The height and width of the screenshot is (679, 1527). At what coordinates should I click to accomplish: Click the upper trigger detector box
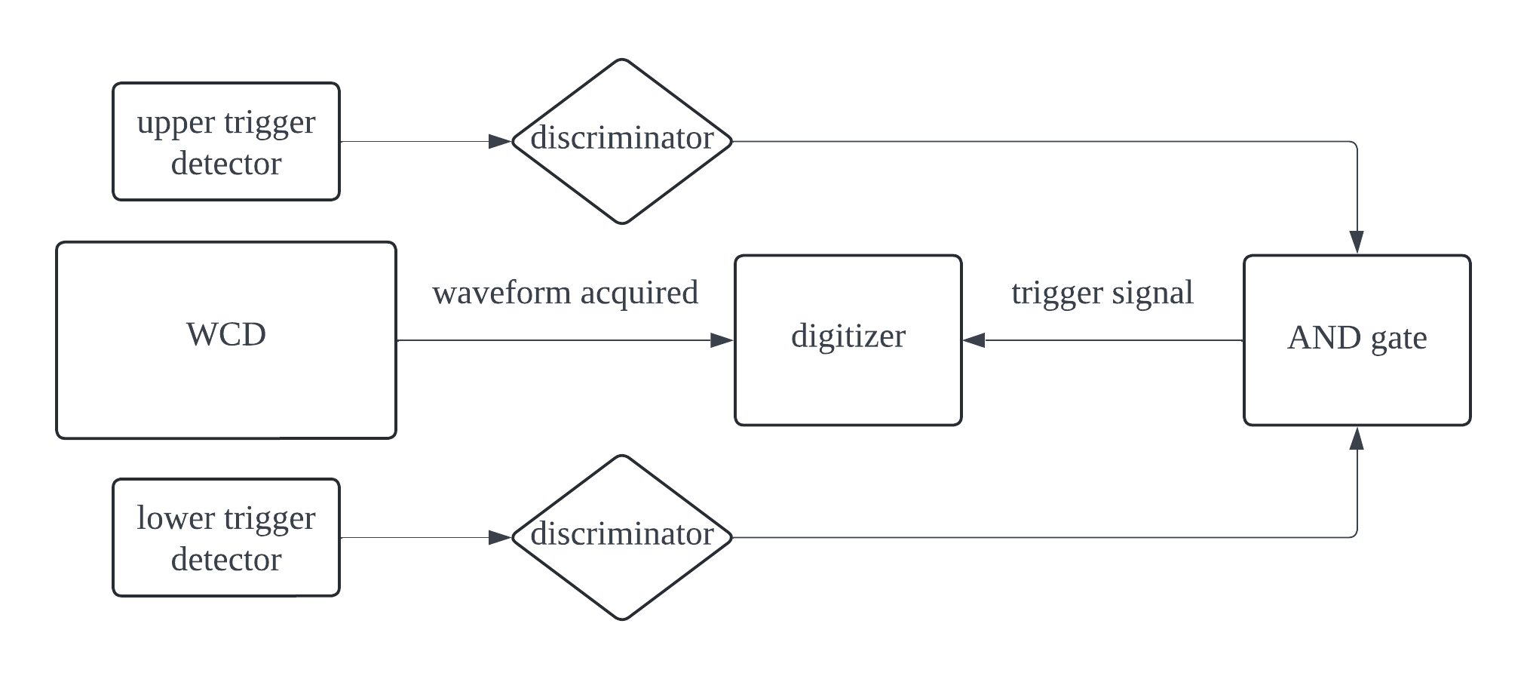point(226,142)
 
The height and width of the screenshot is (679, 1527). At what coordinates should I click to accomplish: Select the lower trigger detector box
point(226,538)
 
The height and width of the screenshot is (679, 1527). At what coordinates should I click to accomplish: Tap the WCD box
point(226,339)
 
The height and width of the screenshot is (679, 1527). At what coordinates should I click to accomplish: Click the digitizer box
point(848,340)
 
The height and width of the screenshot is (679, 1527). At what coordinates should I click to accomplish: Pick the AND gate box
point(1357,340)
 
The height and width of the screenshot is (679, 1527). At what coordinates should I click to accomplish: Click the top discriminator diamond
point(622,141)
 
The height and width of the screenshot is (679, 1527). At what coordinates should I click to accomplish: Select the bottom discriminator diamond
point(622,537)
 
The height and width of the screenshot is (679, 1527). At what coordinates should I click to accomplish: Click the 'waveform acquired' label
point(566,293)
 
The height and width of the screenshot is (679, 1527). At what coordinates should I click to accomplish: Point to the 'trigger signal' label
point(1102,293)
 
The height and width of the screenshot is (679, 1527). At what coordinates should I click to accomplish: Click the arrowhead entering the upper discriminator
point(500,141)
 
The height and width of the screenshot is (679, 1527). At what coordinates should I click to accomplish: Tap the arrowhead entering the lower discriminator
point(500,537)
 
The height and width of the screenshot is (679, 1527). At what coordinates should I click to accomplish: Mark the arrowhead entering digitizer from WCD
point(722,340)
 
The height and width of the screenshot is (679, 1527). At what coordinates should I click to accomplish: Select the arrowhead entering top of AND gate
point(1357,242)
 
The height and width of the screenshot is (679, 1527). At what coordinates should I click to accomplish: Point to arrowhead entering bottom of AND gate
point(1357,438)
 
